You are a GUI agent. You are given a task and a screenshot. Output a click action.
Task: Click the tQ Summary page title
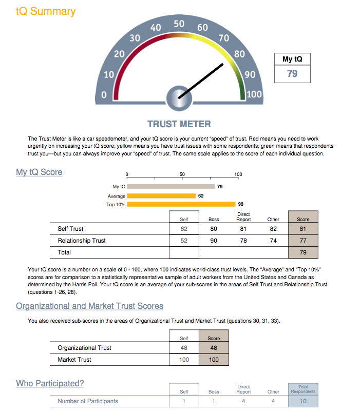46,11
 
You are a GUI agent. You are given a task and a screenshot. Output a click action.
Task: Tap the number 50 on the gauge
179,24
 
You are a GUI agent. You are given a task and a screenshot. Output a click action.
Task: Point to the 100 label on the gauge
254,94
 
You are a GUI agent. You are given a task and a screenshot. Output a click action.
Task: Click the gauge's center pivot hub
179,98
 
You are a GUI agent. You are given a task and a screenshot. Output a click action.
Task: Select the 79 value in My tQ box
292,74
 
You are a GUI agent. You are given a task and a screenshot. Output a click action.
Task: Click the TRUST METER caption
179,124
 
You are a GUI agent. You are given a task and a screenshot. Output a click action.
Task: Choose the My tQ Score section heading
39,172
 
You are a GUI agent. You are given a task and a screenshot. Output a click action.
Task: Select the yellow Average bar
161,196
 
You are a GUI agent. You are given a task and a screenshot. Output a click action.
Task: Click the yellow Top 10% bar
181,204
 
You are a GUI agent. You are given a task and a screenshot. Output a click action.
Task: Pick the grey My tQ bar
170,187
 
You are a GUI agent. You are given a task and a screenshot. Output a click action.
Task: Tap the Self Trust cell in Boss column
214,229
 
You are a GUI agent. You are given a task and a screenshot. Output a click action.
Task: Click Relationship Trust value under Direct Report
243,241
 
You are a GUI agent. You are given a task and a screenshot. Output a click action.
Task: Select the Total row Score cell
303,252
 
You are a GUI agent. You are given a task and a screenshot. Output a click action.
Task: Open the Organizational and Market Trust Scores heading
89,306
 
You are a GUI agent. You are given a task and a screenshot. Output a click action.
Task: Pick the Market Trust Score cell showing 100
214,360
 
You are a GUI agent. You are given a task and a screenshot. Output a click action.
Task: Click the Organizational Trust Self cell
184,348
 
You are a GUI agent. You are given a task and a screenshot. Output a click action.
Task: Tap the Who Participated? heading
50,384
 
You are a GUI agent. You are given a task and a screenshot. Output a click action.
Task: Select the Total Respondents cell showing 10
303,401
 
